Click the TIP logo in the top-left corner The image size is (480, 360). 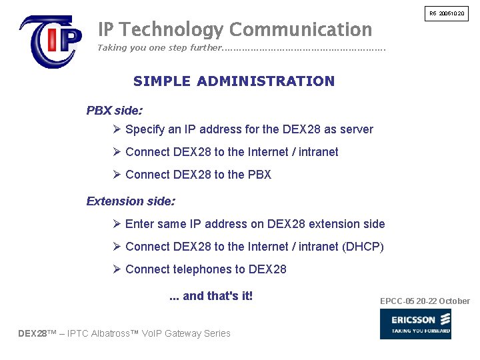51,41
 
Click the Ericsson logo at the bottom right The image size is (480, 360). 415,323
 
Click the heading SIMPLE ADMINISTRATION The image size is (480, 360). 234,81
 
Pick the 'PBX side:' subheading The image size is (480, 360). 114,111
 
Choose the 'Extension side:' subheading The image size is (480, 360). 131,201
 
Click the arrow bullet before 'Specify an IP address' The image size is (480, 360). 117,129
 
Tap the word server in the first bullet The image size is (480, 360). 357,129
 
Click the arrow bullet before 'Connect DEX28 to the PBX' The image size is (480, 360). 117,174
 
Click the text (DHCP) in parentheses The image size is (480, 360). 363,247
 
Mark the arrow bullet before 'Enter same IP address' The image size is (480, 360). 117,223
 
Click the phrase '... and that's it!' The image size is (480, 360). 211,296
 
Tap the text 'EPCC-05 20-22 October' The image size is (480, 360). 425,301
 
